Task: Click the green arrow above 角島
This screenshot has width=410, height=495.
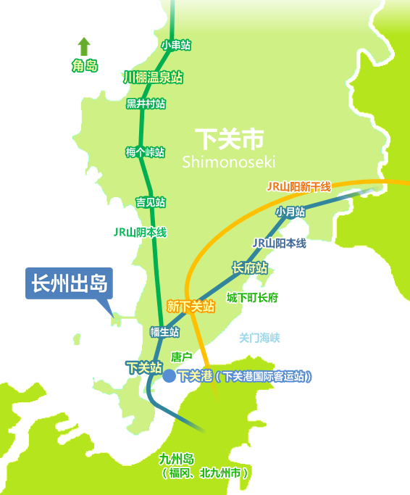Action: pyautogui.click(x=84, y=46)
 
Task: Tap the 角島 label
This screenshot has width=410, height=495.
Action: pyautogui.click(x=84, y=67)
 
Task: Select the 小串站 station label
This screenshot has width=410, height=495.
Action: pyautogui.click(x=176, y=45)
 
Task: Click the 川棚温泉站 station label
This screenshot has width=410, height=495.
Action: pyautogui.click(x=153, y=77)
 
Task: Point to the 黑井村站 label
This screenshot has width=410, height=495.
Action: pyautogui.click(x=146, y=104)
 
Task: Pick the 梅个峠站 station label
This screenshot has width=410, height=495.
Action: pyautogui.click(x=145, y=152)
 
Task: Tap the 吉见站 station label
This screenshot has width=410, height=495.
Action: pyautogui.click(x=150, y=201)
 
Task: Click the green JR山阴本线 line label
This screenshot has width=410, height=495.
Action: pyautogui.click(x=140, y=233)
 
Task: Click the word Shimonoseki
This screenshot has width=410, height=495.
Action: pyautogui.click(x=229, y=161)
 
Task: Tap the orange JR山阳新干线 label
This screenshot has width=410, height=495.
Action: pyautogui.click(x=298, y=187)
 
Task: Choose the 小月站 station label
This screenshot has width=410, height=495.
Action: pyautogui.click(x=290, y=212)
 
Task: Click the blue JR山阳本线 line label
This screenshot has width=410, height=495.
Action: pyautogui.click(x=279, y=244)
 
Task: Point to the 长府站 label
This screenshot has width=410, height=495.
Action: pyautogui.click(x=250, y=268)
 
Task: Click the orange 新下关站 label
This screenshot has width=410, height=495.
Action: pyautogui.click(x=191, y=307)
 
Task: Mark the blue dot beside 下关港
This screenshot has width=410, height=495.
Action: pyautogui.click(x=169, y=375)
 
